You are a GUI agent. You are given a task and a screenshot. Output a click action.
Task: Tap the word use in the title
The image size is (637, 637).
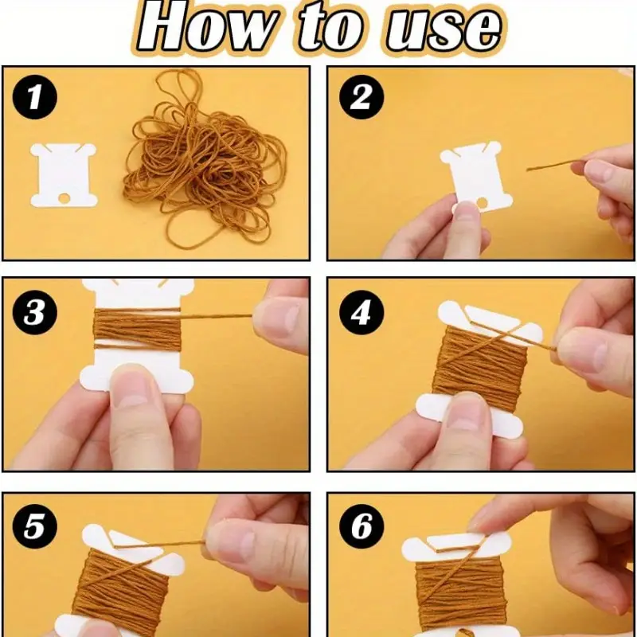pyautogui.click(x=443, y=29)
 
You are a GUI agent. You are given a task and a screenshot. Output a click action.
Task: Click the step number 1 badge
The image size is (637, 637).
pyautogui.click(x=35, y=97)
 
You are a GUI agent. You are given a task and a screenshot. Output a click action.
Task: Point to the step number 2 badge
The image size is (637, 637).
pyautogui.click(x=361, y=97)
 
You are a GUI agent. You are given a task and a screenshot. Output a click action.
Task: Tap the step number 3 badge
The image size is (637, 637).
pyautogui.click(x=35, y=313)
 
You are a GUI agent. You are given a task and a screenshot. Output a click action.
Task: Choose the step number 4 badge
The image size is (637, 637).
pyautogui.click(x=361, y=313)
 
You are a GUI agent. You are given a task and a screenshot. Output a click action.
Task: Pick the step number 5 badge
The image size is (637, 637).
pyautogui.click(x=35, y=526)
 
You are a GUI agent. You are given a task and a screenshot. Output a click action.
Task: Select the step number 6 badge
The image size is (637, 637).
pyautogui.click(x=361, y=526)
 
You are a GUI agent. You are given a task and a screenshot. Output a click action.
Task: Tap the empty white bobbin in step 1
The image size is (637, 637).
pyautogui.click(x=64, y=175)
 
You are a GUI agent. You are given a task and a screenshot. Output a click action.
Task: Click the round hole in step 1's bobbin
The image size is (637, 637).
pyautogui.click(x=64, y=197)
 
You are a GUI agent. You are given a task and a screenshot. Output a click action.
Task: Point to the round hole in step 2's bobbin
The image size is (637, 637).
pyautogui.click(x=483, y=202)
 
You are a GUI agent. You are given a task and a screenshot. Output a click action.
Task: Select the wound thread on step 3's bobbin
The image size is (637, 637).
pyautogui.click(x=137, y=329)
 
